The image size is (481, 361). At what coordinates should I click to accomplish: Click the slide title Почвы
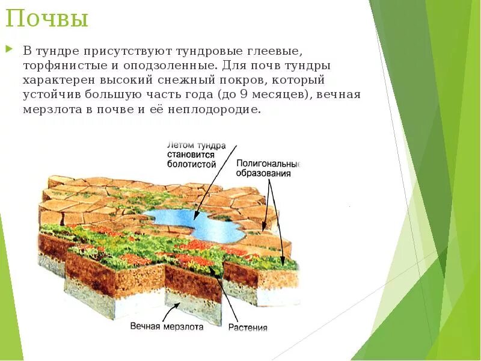click(47, 19)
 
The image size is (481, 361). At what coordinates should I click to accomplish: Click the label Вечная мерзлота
click(167, 327)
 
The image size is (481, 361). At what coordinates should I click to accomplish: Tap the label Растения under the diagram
click(248, 328)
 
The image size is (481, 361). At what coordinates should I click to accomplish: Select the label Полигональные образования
click(268, 168)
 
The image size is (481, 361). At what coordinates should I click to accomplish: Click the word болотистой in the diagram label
click(192, 164)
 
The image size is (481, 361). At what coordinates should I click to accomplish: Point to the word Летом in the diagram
click(179, 146)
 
